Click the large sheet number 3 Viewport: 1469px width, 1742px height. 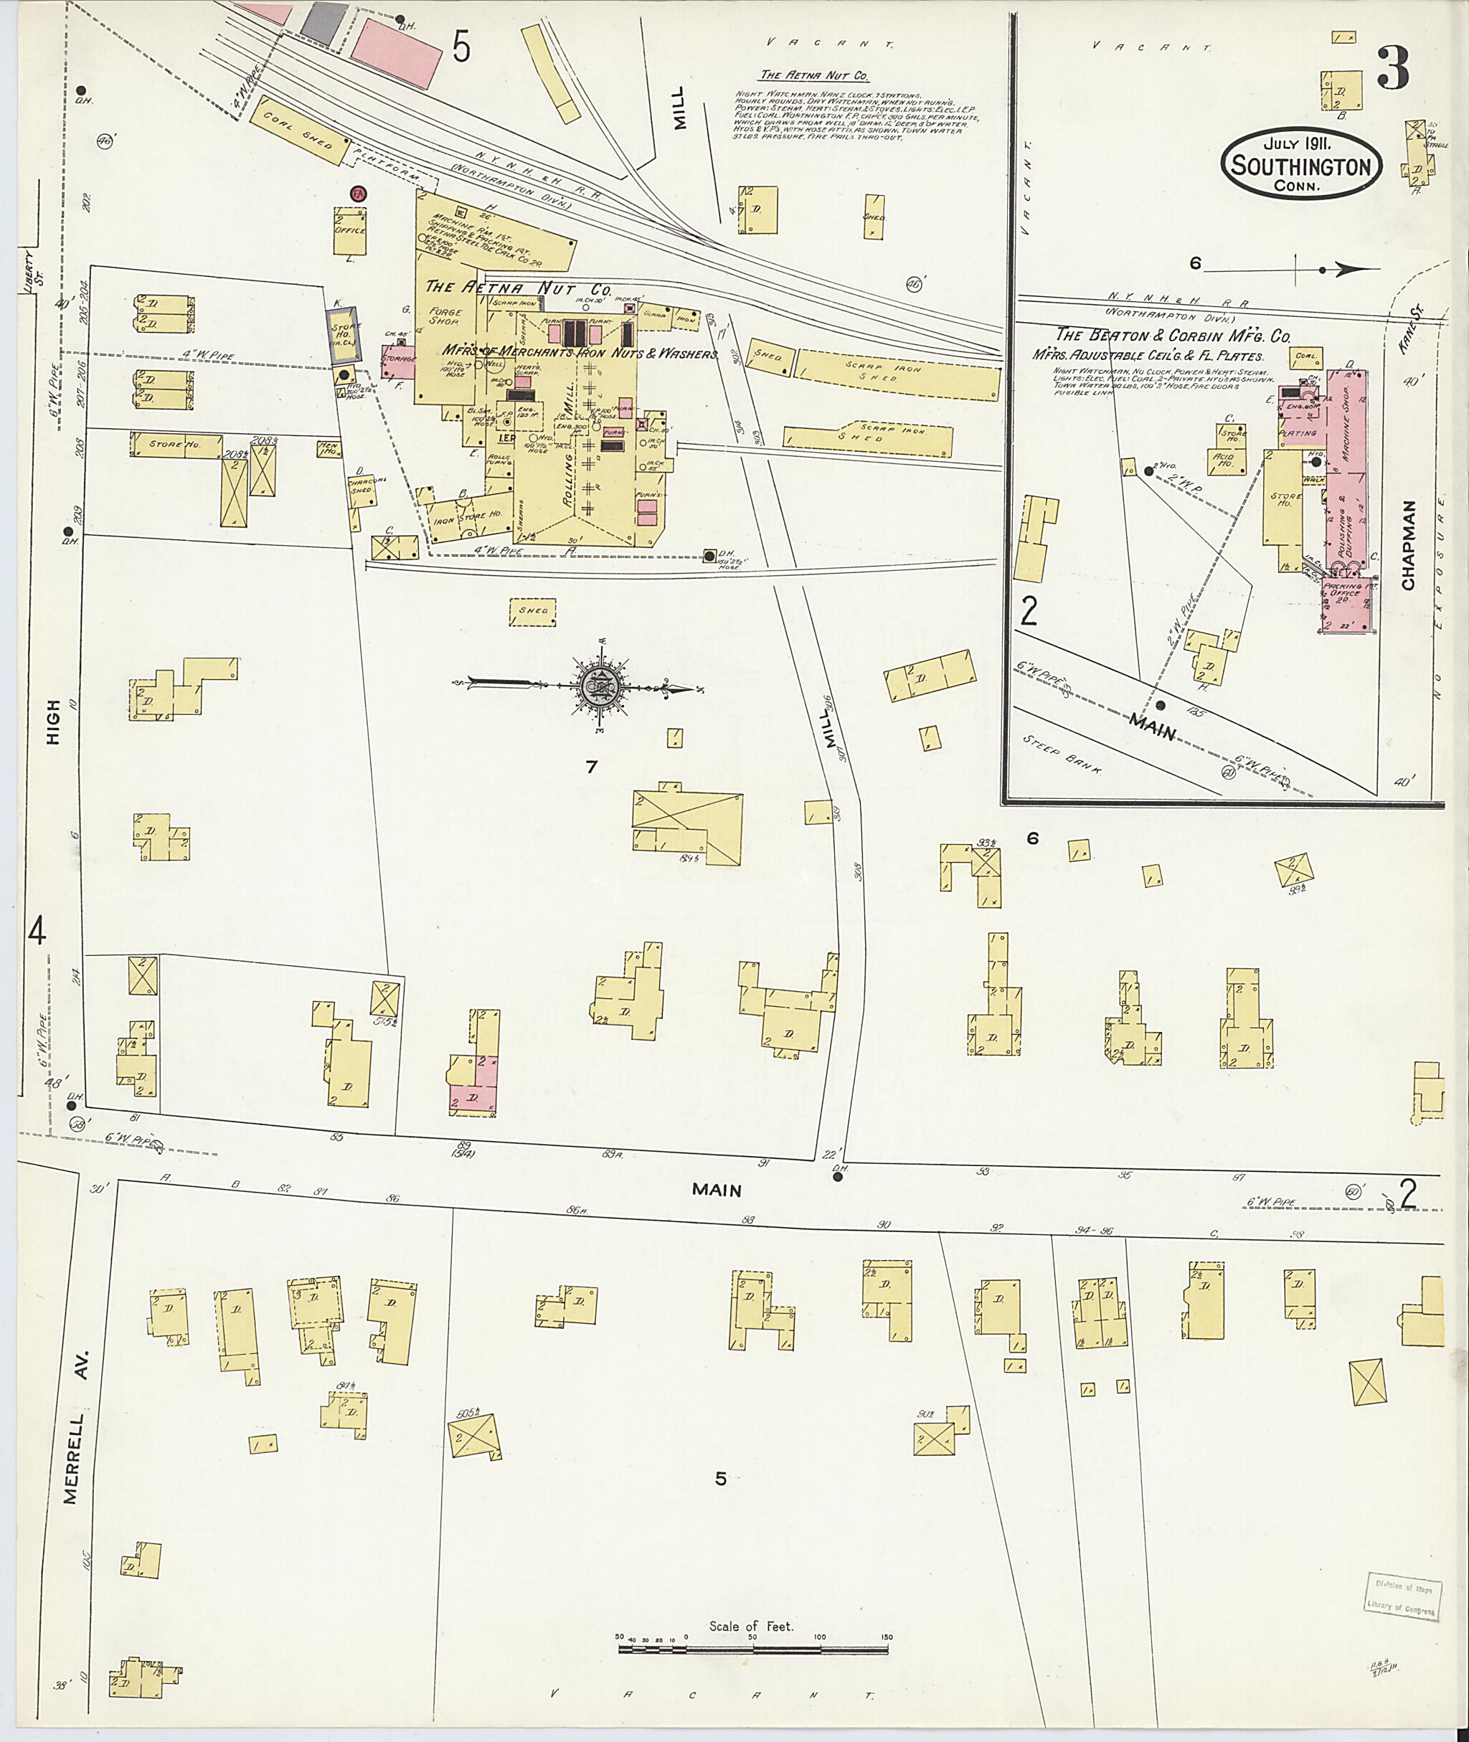click(1392, 69)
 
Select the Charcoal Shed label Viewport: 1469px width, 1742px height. click(362, 486)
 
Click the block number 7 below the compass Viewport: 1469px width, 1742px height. click(591, 767)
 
